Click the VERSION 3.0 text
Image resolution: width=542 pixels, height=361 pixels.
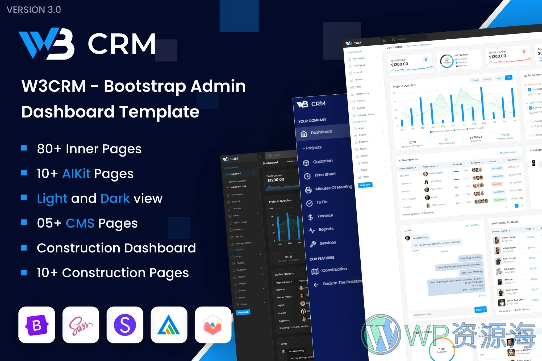tap(34, 10)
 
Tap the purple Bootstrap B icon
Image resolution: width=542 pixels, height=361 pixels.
tap(37, 325)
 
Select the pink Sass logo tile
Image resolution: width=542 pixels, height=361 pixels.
tap(81, 325)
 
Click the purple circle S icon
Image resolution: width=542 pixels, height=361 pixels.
tap(125, 325)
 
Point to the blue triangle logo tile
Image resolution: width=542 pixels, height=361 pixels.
tap(169, 325)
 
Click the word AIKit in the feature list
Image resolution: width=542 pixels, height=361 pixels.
tap(76, 174)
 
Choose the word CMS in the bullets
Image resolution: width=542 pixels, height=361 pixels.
tap(80, 223)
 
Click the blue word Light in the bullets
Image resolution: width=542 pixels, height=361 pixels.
tap(52, 198)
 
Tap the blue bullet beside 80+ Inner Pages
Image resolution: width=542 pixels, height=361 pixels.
tap(24, 148)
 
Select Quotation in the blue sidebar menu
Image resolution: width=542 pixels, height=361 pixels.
tap(323, 161)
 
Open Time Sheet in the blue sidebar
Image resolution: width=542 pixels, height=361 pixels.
tap(325, 174)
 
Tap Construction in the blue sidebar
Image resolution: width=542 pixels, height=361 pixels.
tap(334, 270)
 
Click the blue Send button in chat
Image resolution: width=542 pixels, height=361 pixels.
tap(480, 310)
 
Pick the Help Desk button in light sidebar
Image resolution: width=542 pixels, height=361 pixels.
tap(365, 185)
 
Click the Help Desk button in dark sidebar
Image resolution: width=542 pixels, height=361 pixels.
tap(243, 312)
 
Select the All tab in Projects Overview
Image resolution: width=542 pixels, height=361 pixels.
tap(508, 78)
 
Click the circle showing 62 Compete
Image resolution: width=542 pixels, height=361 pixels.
tap(447, 61)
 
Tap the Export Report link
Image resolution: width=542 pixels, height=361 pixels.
tap(508, 153)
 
